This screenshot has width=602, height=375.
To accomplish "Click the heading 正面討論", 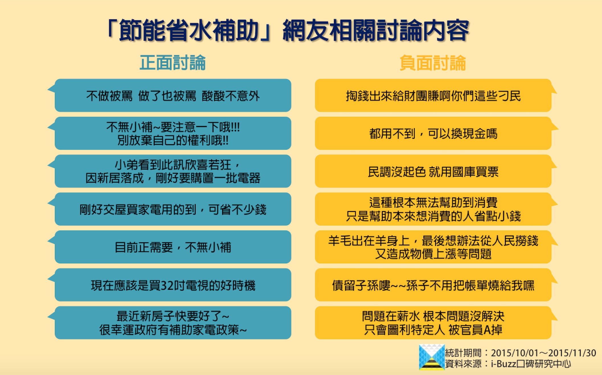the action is [173, 63].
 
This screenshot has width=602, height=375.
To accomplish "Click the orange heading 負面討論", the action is [433, 63].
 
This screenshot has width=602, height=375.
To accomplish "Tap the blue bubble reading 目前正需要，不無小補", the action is [173, 247].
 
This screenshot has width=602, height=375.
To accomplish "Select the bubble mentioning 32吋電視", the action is [173, 285].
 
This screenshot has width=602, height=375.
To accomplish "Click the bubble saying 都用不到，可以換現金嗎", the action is [433, 133].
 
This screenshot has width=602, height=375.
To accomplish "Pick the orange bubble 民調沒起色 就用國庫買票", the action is [433, 171].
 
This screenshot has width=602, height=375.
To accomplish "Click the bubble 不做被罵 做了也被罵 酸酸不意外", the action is [173, 95].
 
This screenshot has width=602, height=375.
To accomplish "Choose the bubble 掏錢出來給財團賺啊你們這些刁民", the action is [433, 95].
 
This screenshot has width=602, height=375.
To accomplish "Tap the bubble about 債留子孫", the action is [433, 285].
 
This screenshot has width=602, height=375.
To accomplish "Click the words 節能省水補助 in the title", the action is [189, 30].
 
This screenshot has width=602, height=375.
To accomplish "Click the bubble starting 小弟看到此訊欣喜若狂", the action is [173, 171].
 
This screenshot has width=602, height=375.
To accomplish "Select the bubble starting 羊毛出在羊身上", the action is [433, 247].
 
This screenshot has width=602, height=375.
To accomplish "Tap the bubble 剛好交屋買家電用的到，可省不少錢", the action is [173, 209].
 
